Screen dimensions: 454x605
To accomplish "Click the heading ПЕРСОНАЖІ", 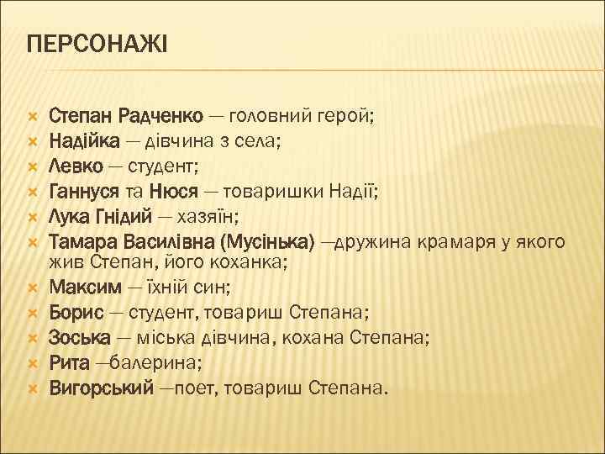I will [98, 42].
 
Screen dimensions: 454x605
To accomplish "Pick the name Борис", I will [76, 314].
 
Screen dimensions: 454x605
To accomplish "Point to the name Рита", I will [69, 363].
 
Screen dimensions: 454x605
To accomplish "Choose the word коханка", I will [251, 264].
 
